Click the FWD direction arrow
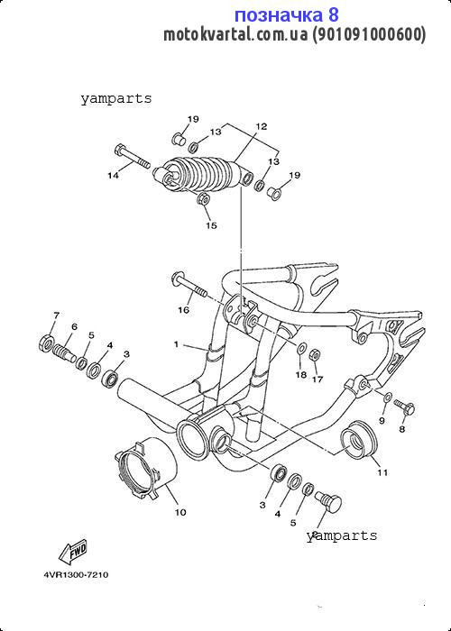[73, 552]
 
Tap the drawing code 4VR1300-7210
[76, 575]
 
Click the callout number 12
[261, 126]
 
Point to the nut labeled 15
[203, 199]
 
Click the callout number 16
[184, 310]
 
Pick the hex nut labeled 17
[316, 354]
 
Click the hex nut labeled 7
[46, 342]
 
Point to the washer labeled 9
[387, 398]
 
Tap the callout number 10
[180, 512]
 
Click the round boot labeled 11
[359, 440]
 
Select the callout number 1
[176, 344]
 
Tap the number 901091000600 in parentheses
[367, 34]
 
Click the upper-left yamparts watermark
[116, 98]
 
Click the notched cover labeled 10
[147, 469]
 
